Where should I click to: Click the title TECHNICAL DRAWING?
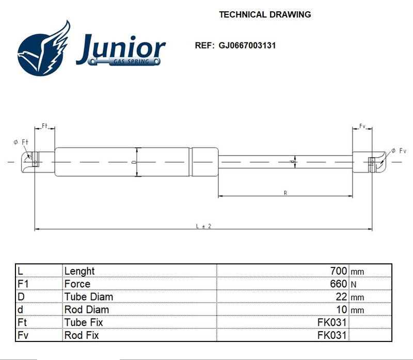265,14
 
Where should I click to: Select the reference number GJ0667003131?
247,45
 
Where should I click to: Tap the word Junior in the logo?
121,48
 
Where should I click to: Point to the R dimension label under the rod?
285,193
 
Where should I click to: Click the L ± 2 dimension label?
203,226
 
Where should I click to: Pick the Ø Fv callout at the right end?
399,150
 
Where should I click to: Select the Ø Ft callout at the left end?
21,142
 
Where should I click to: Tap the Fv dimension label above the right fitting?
362,126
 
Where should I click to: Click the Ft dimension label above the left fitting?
44,126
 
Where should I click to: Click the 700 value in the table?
339,271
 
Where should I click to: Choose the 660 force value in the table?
339,284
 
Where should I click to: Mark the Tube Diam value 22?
341,296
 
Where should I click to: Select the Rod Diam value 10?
342,309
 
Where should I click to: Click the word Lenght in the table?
80,271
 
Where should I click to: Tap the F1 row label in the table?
23,284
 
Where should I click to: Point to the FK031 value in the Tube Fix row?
332,322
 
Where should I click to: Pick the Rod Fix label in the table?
82,335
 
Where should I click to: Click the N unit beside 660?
354,285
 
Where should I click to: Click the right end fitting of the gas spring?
369,162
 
